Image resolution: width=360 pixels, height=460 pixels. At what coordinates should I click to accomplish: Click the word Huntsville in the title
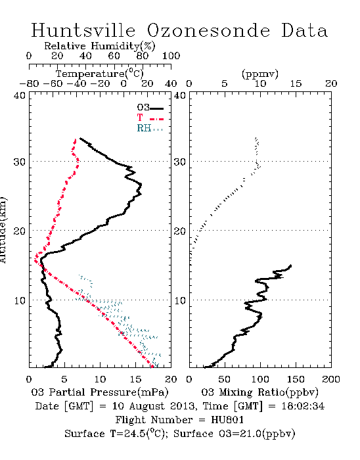click(x=83, y=30)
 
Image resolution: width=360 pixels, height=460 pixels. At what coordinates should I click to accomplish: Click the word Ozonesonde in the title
click(x=208, y=30)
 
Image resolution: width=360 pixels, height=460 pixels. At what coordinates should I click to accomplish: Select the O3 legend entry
click(x=150, y=108)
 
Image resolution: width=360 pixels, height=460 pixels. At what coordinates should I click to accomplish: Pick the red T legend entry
click(x=150, y=118)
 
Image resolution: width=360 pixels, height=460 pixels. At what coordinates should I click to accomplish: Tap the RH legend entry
click(x=150, y=128)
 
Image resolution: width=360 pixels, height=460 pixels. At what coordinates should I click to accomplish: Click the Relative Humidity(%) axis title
click(x=100, y=46)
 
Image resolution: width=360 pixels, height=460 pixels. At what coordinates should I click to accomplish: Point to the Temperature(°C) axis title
click(x=100, y=74)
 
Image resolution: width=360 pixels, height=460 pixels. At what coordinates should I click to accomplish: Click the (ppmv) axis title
click(x=260, y=74)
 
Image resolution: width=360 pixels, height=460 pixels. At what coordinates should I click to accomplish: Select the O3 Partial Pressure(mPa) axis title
click(x=100, y=392)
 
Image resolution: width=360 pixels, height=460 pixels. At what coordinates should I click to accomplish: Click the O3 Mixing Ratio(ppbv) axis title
click(x=259, y=392)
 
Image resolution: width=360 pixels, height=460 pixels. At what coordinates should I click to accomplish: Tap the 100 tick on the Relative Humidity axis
click(x=171, y=56)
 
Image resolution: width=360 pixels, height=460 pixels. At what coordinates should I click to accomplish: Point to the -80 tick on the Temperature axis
click(x=29, y=83)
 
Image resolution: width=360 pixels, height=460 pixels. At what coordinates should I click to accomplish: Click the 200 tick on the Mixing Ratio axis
click(x=331, y=379)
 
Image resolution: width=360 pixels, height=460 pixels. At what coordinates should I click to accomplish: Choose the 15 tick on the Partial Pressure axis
click(x=135, y=379)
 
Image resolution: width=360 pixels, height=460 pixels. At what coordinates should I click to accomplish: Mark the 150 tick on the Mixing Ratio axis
click(x=296, y=379)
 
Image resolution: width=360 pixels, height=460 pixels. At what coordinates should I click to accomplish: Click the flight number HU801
click(x=227, y=420)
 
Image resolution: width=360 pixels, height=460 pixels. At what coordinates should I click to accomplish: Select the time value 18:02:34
click(x=303, y=406)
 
